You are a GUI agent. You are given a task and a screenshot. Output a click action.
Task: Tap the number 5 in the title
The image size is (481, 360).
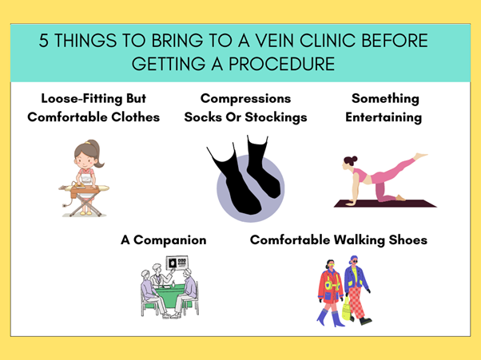tap(44, 41)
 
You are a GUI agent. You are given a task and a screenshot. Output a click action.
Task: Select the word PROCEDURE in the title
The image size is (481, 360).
tap(281, 64)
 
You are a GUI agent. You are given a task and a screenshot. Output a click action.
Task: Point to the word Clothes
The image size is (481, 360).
tap(135, 117)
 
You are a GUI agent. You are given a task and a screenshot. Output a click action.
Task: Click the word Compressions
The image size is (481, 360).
tap(245, 99)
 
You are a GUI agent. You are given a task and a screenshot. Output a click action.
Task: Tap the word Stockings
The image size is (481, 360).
tap(276, 117)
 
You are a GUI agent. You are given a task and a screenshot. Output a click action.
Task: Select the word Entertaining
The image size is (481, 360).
tap(384, 117)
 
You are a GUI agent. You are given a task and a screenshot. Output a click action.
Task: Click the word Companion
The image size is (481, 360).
tap(169, 240)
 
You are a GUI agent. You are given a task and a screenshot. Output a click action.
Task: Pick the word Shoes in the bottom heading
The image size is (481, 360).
tap(408, 240)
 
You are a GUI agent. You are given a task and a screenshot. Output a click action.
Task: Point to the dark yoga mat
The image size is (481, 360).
tap(385, 204)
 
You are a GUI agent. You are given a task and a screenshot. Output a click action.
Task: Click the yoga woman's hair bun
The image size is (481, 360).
tap(351, 160)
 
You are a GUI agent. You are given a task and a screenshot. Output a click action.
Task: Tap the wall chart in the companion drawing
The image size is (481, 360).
tap(177, 263)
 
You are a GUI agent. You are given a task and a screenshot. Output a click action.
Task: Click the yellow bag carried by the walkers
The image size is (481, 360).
tap(346, 309)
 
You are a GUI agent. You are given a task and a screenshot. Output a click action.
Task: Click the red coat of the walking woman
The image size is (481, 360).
tap(329, 287)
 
